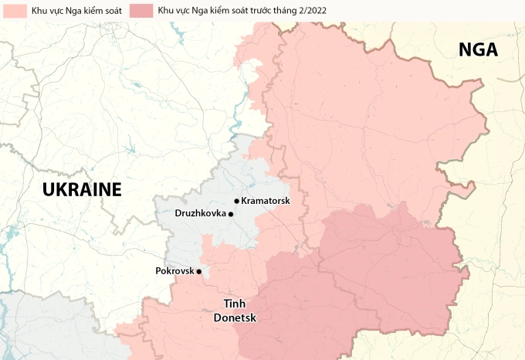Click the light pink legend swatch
coord(9,11)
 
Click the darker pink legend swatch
coord(141,11)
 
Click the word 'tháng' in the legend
coord(277,11)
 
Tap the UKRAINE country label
coord(82,190)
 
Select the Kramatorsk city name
coord(265,201)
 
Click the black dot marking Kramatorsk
coord(236,201)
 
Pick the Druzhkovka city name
coord(201,213)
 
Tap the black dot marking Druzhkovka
coord(231,214)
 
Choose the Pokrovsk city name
coord(174,271)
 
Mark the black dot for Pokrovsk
coord(199,271)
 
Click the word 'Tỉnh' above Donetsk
coord(235,304)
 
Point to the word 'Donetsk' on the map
coord(235,317)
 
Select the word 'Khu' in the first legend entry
coord(29,11)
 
